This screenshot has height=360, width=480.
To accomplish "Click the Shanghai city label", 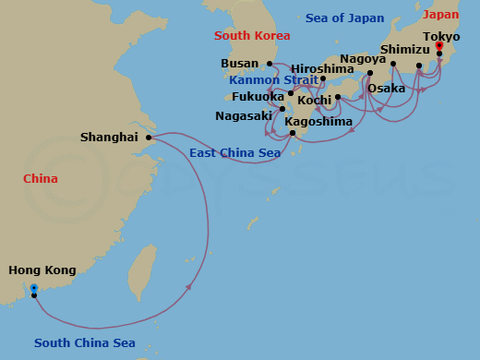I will click(x=108, y=137).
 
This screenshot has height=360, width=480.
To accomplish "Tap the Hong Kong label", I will click(x=42, y=270).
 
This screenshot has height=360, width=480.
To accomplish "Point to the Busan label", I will click(x=240, y=64).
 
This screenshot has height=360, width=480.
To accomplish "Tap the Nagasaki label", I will click(x=244, y=116).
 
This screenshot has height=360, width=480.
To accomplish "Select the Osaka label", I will click(x=386, y=89).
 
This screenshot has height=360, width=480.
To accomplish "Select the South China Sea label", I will click(x=85, y=343).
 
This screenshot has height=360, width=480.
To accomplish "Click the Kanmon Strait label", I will click(x=275, y=80).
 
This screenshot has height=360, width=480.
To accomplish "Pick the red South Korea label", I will click(x=252, y=35).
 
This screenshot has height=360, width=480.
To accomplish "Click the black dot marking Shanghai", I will click(x=149, y=138).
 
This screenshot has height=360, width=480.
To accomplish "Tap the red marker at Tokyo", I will click(x=439, y=45).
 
